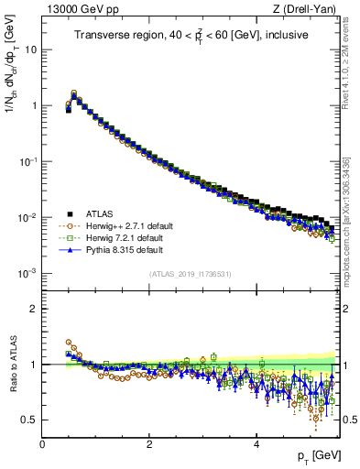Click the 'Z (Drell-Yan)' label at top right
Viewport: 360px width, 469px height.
pos(309,10)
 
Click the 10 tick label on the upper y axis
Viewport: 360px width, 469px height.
pos(30,49)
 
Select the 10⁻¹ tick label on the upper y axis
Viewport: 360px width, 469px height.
pos(27,161)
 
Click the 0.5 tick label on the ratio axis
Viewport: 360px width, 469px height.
pos(29,420)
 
